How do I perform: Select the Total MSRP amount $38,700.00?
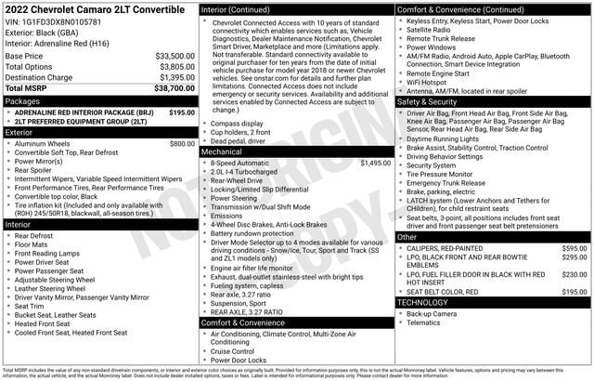(170, 87)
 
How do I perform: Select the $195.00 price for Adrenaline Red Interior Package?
(182, 112)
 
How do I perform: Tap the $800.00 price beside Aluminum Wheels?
(182, 144)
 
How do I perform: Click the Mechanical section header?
(222, 151)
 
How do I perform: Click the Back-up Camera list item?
(432, 314)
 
